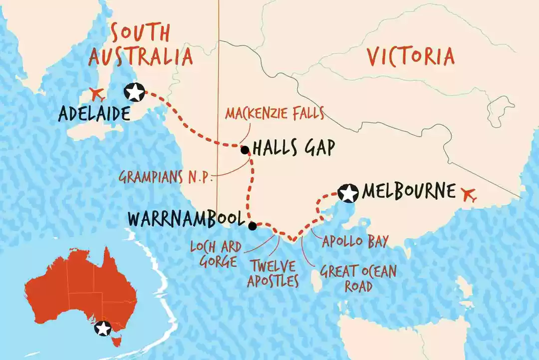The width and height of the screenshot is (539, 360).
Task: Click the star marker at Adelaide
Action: [135, 92]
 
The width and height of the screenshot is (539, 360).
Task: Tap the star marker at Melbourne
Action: [348, 193]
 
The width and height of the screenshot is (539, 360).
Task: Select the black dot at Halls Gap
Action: [245, 150]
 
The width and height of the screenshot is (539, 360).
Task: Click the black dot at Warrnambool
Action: [253, 226]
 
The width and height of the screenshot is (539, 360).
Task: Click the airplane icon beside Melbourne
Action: [468, 194]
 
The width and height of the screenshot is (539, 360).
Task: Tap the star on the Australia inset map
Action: [103, 329]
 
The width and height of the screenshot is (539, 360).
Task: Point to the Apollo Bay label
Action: [355, 243]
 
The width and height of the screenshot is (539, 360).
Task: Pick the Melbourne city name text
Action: [409, 191]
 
